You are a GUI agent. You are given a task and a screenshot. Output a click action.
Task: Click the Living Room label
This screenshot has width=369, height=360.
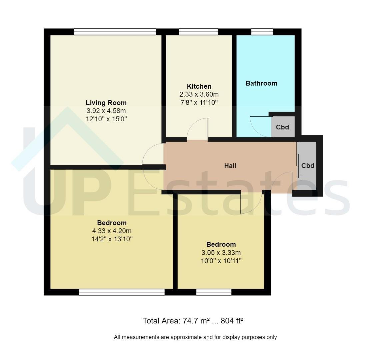106,103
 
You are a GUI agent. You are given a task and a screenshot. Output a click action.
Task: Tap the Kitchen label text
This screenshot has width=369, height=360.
199,86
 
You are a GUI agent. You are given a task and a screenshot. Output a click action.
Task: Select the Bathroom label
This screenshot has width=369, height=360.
261,83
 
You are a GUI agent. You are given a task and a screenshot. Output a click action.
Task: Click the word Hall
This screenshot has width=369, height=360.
230,166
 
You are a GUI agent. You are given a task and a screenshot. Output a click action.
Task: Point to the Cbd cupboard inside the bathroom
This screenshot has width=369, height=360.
283,127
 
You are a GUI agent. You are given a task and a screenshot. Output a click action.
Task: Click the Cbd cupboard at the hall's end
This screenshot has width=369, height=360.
307,166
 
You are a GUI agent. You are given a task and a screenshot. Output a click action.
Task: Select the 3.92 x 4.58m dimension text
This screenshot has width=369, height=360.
106,111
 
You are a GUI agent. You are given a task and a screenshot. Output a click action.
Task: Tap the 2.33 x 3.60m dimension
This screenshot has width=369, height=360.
199,94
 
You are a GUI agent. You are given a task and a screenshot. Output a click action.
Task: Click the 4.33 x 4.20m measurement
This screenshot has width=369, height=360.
112,231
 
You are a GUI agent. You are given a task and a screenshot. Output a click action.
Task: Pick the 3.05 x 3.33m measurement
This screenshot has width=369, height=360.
221,253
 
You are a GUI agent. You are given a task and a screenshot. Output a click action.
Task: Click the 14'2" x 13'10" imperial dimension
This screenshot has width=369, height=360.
112,239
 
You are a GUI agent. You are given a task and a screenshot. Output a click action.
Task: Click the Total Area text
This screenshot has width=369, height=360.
193,321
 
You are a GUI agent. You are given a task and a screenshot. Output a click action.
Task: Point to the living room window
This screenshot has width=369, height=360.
115,32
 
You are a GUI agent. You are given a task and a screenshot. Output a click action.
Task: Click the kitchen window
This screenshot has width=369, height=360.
198,32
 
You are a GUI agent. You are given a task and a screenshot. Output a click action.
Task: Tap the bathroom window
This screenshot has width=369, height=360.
262,32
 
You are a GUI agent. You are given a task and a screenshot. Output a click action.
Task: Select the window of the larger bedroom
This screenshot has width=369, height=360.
122,292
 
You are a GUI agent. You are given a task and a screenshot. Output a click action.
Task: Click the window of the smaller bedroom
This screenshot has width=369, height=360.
214,292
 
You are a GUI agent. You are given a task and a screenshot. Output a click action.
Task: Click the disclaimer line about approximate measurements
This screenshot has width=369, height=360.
195,337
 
